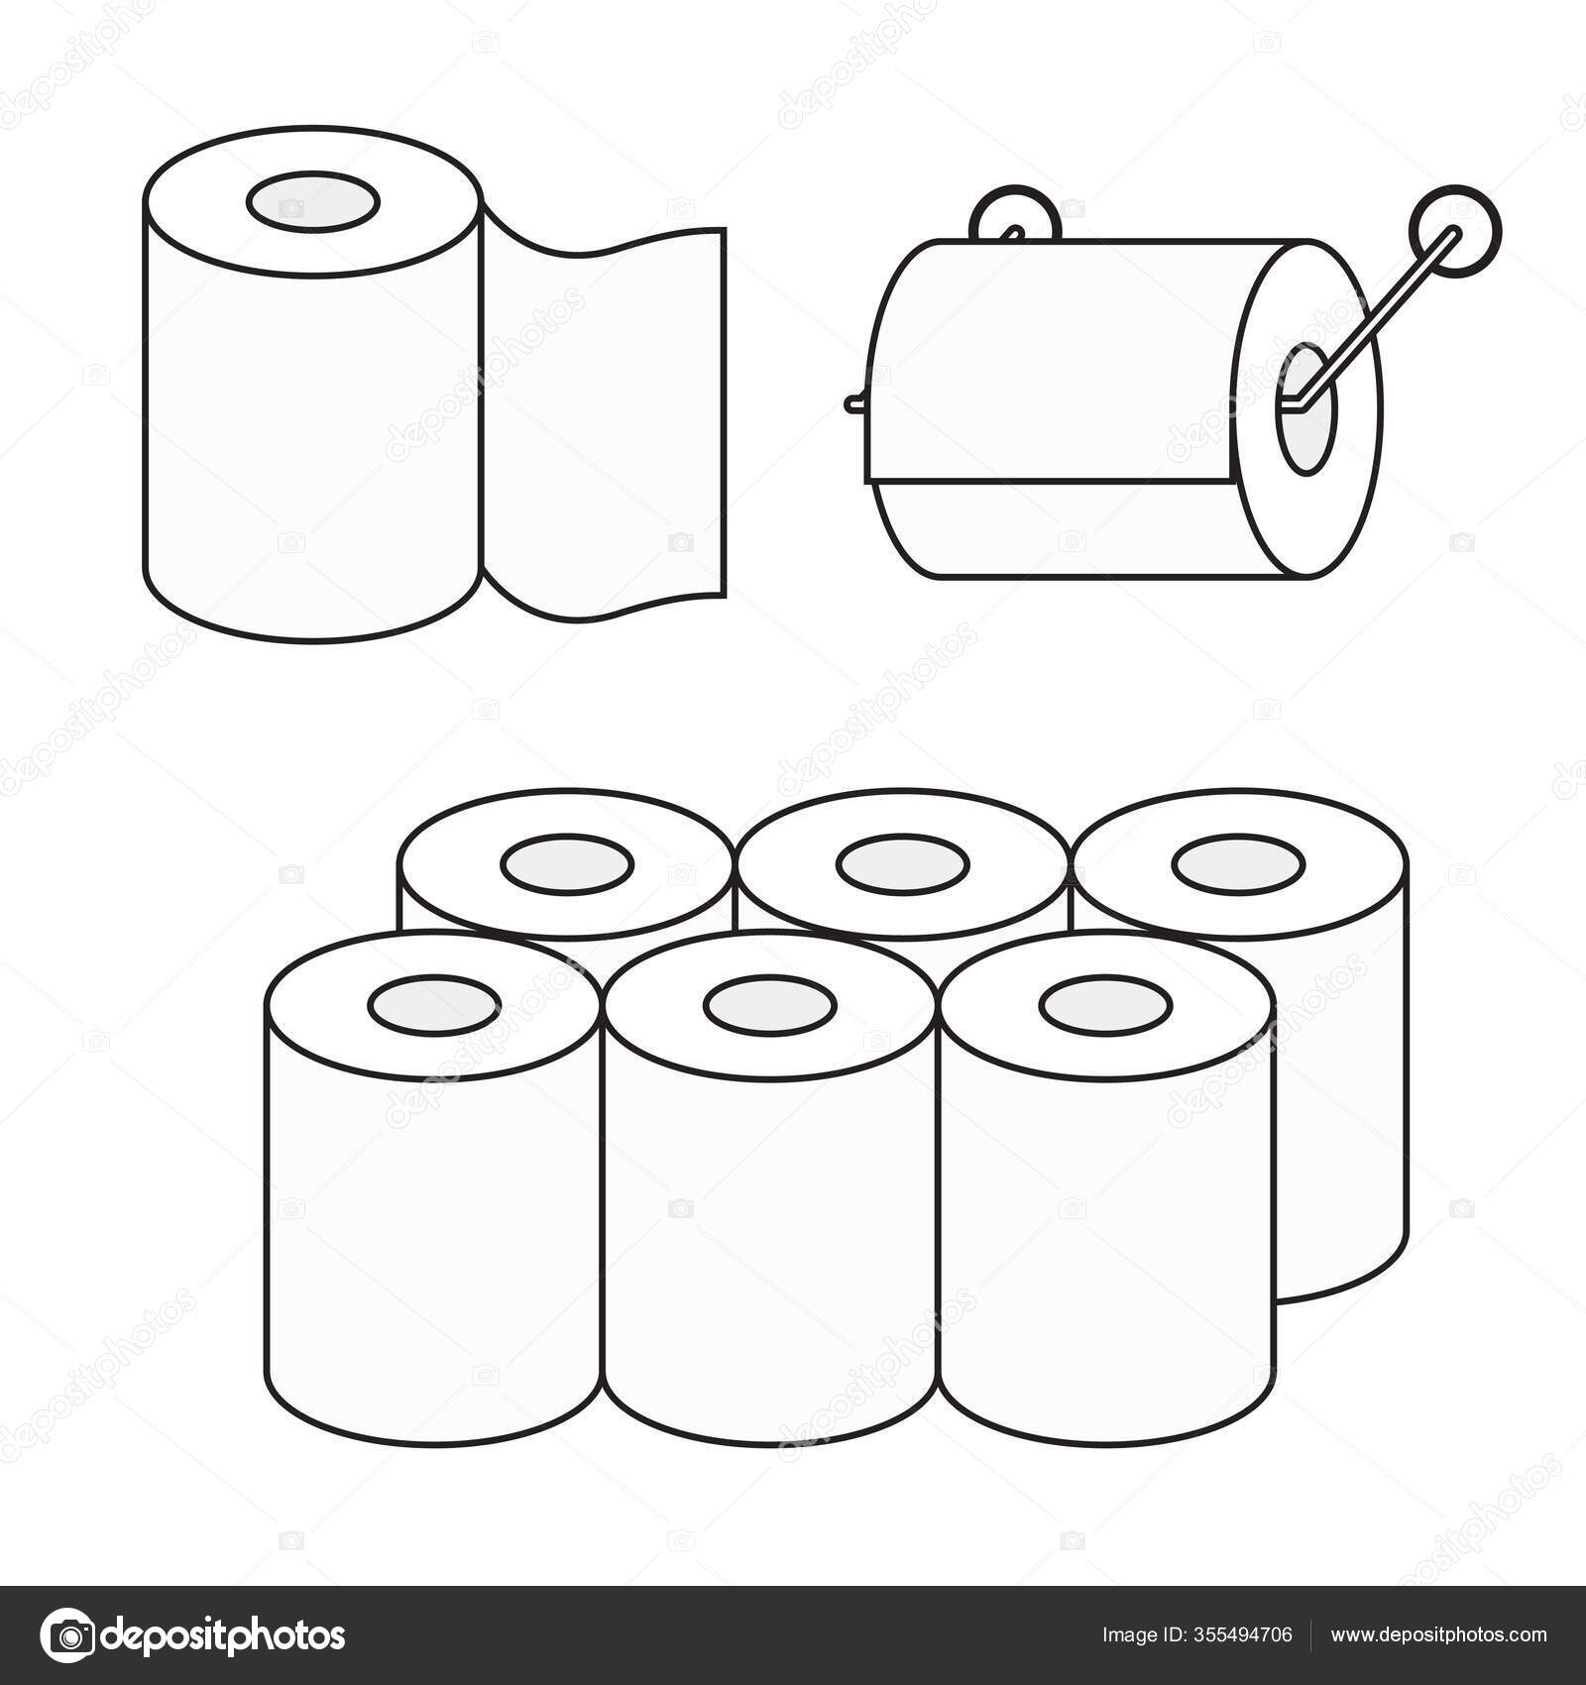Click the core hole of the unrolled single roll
[x=312, y=202]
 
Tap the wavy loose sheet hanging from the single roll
[x=605, y=416]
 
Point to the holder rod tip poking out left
[x=854, y=403]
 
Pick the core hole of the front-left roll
[x=434, y=1006]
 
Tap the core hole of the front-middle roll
[x=770, y=1006]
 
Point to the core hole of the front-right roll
[x=1106, y=1006]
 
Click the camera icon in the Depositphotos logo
[x=67, y=1634]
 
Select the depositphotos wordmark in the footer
[x=225, y=1635]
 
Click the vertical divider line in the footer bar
[x=1311, y=1635]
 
